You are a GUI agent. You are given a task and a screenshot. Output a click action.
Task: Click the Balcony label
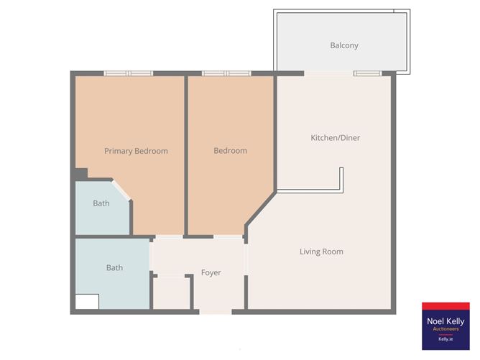pos(344,45)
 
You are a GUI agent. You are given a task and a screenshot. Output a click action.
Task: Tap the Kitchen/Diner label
pos(335,138)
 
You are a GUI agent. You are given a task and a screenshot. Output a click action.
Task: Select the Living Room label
pos(321,251)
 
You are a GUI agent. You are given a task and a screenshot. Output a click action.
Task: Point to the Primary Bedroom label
pos(136,151)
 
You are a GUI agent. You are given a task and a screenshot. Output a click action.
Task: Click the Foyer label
pos(211,272)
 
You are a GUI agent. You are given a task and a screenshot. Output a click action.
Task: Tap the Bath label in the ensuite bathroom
pos(101,203)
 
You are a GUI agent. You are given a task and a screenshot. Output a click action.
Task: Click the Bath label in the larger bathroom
pos(114,267)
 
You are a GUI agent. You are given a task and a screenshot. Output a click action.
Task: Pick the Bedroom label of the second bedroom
pos(230,151)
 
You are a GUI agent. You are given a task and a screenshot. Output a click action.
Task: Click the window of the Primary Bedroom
pos(129,73)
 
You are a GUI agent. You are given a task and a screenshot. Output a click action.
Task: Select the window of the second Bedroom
pos(226,73)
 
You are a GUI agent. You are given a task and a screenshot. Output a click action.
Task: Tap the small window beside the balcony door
pos(368,73)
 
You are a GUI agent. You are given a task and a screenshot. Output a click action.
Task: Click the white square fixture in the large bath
pos(87,302)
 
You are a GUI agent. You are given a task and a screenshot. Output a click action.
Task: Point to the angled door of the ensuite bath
pos(121,190)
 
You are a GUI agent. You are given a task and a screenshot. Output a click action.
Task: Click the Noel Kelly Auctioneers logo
pos(446,326)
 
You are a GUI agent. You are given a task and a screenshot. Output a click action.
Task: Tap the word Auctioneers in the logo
pos(446,329)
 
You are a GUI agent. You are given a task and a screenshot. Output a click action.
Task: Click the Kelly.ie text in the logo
pos(446,339)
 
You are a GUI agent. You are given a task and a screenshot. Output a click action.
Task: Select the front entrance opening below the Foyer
pos(216,312)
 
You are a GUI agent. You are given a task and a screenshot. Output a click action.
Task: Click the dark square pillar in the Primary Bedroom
pos(81,174)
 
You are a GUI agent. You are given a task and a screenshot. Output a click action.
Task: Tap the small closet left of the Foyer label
pos(172,293)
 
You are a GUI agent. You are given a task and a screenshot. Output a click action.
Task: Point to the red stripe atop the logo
pos(446,306)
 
